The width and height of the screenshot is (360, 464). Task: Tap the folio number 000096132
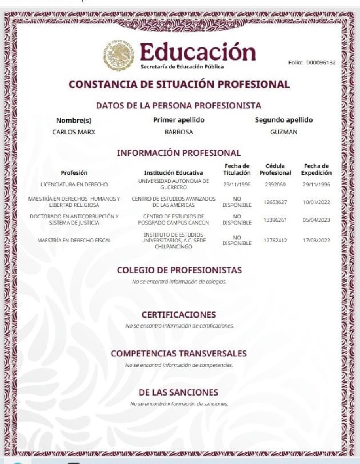pos(321,63)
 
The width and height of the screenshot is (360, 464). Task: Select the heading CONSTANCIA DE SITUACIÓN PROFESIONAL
pos(179,84)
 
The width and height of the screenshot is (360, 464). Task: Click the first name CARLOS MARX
pos(74,132)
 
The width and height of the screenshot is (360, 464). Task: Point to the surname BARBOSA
pos(179,132)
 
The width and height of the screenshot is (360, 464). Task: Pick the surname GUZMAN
pos(283,132)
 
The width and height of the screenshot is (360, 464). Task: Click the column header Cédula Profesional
pos(275,169)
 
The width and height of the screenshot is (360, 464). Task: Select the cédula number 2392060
pos(274,184)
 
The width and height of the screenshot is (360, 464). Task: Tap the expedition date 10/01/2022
pos(316,202)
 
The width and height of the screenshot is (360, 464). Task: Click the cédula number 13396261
pos(275,220)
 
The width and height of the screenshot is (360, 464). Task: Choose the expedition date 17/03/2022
pos(316,240)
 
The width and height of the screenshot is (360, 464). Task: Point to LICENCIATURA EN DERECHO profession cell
pos(74,184)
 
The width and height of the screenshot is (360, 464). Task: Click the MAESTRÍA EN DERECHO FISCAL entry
pos(74,240)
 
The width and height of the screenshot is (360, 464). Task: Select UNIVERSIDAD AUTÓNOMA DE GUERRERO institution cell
pos(173,184)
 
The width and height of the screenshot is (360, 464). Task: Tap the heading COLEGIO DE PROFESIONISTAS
pos(179,270)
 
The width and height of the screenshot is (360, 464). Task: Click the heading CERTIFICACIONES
pos(179,314)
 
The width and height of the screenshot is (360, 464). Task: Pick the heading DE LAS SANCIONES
pos(179,392)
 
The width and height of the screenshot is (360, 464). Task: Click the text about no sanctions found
pos(179,404)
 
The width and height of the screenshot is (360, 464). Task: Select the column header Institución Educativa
pos(173,172)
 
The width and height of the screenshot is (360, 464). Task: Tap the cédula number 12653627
pos(275,202)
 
